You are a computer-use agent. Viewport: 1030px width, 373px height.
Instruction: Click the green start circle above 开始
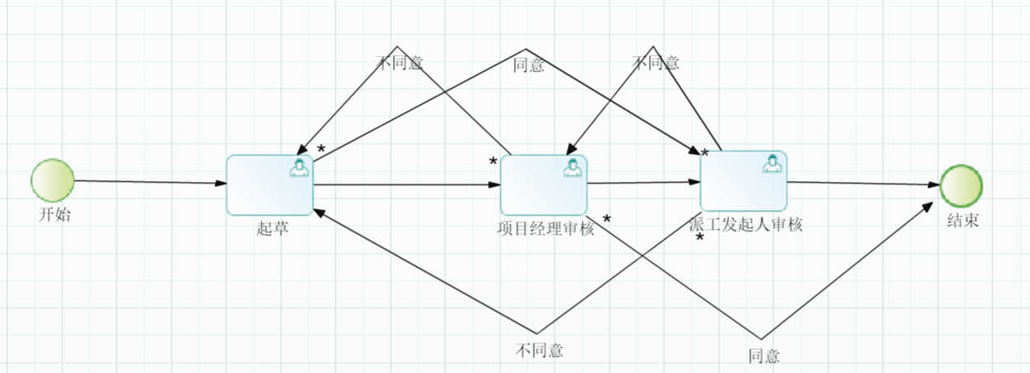pos(53,180)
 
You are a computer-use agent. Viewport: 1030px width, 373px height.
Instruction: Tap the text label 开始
pos(54,216)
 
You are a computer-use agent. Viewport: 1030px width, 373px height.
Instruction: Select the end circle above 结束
pos(961,185)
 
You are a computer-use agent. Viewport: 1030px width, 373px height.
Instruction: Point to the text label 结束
pos(963,221)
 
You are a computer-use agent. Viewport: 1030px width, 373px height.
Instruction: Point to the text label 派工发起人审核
pos(745,224)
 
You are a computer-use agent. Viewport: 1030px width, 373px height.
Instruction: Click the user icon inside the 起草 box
pos(299,167)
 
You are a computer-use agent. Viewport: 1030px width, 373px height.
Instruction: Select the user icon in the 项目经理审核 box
pos(573,167)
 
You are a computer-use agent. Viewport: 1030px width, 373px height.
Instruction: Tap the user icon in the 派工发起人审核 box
pos(772,163)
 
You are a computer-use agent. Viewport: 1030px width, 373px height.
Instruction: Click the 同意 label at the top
pos(528,65)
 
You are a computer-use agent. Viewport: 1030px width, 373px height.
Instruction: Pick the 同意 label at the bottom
pos(763,356)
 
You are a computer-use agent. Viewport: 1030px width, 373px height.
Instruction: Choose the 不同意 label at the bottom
pos(540,350)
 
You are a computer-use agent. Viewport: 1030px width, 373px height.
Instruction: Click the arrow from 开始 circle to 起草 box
pos(148,182)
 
